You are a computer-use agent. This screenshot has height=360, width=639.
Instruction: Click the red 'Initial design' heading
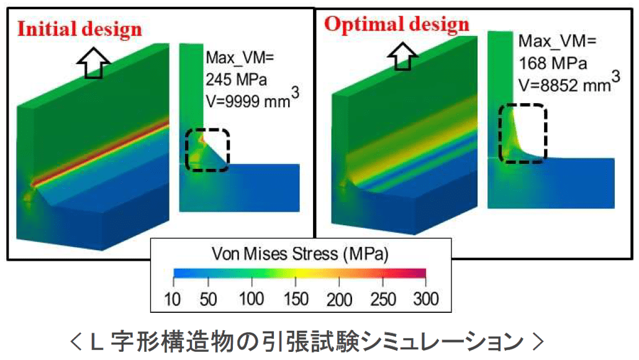[79, 29]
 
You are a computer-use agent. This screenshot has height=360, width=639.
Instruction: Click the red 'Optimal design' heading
[397, 24]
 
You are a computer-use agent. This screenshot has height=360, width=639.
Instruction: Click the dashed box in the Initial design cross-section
[207, 149]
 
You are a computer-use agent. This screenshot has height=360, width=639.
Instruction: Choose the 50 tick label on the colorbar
[209, 300]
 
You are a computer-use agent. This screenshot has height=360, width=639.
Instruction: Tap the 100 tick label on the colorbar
[250, 300]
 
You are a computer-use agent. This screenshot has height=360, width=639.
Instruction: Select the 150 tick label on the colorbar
[295, 300]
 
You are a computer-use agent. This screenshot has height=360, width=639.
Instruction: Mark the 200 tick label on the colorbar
[339, 300]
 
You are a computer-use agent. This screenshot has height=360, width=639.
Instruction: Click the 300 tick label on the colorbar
[425, 300]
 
